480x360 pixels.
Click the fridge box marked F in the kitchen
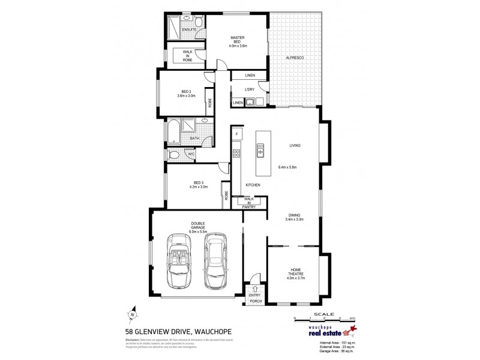[x=237, y=133]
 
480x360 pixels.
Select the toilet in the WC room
[x=174, y=154]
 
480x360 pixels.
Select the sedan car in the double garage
[x=214, y=263]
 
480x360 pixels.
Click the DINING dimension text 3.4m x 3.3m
[x=294, y=219]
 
